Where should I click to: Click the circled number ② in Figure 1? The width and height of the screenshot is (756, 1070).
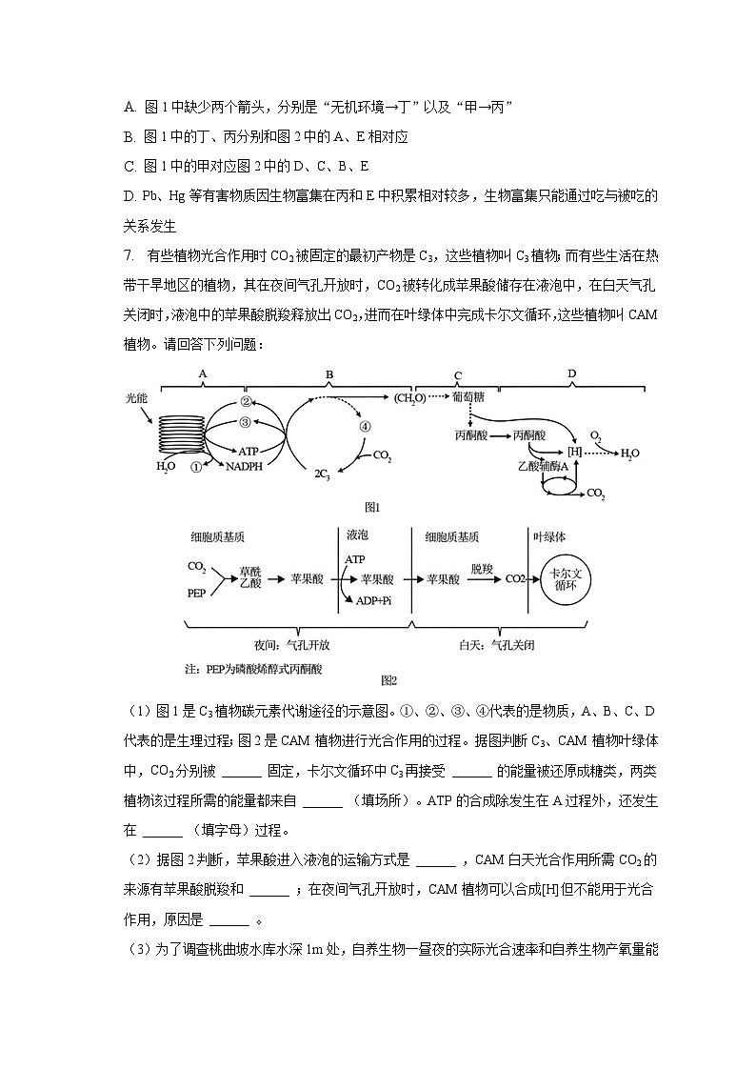tap(245, 401)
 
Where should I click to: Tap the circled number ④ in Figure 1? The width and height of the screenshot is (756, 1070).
tap(365, 427)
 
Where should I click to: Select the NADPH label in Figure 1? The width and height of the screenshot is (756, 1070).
tap(245, 467)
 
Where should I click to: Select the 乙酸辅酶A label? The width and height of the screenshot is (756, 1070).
tap(543, 467)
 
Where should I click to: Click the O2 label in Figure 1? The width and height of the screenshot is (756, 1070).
tap(596, 434)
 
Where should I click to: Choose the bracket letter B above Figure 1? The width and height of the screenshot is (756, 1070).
tap(329, 373)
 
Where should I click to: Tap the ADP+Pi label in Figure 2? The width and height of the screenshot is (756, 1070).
tap(372, 600)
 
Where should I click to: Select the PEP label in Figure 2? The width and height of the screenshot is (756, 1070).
tap(196, 592)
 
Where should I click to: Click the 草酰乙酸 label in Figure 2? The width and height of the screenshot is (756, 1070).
tap(249, 578)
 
